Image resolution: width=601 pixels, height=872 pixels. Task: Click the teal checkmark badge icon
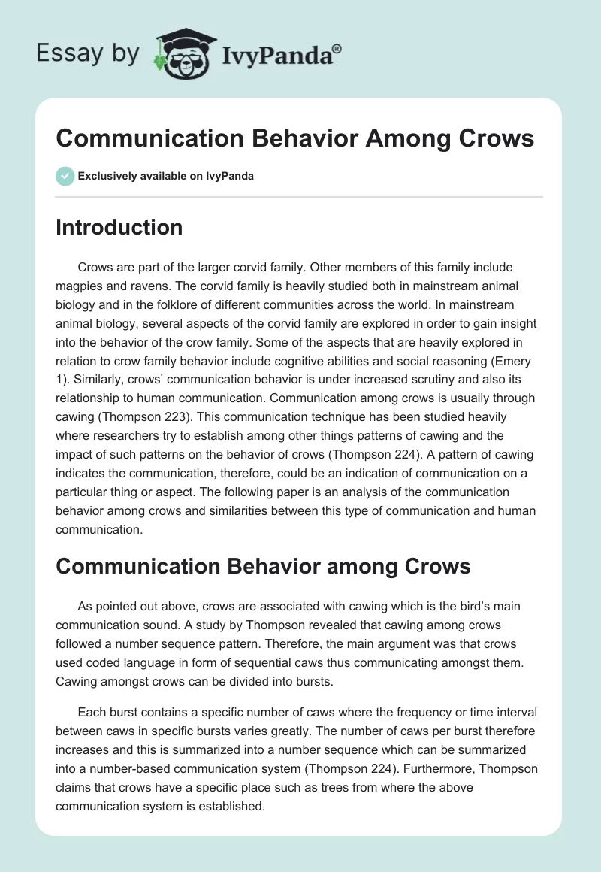click(65, 176)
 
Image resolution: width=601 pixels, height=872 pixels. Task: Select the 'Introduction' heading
click(119, 227)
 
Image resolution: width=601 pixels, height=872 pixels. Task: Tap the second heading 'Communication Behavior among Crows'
click(263, 566)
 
